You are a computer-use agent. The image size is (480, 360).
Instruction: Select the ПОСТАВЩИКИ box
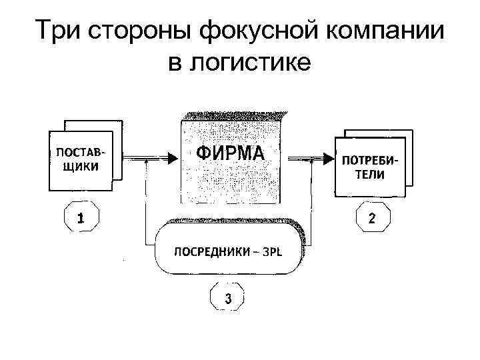[80, 161]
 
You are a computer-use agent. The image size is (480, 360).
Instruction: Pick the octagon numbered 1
[81, 217]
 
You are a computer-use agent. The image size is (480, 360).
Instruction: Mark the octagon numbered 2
[371, 217]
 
